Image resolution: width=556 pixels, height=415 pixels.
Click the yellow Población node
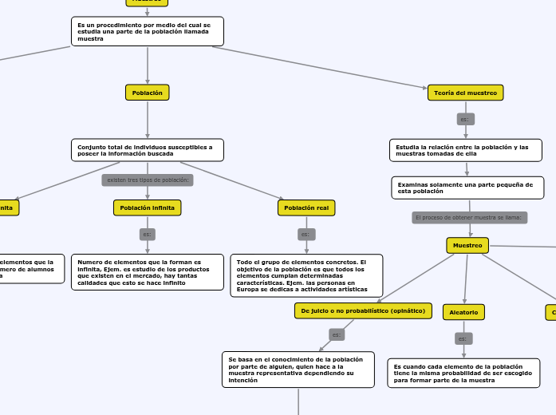[x=148, y=93]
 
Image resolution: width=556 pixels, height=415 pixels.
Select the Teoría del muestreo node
[x=466, y=93]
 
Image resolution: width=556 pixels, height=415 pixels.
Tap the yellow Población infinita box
[x=148, y=207]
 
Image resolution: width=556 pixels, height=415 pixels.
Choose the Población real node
[x=306, y=207]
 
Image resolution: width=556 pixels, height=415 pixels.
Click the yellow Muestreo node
[x=467, y=245]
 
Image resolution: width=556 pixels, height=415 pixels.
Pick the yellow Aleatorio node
[x=464, y=311]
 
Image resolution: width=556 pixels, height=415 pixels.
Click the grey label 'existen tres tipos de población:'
[x=148, y=180]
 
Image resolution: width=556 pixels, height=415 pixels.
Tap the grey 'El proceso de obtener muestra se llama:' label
[x=469, y=217]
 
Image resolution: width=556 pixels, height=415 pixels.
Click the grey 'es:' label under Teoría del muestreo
[x=466, y=119]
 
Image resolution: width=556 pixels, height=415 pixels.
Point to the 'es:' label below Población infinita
[x=148, y=235]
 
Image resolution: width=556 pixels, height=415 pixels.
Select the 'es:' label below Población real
[x=306, y=235]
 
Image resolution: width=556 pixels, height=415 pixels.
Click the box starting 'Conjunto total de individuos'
[x=148, y=150]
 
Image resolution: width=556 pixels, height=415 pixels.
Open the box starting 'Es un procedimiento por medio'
[x=148, y=31]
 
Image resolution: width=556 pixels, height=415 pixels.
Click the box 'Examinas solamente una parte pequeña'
[x=467, y=188]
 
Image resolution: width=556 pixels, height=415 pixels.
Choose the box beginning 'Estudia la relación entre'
[x=465, y=150]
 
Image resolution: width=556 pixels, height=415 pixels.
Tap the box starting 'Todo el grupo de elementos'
[x=306, y=275]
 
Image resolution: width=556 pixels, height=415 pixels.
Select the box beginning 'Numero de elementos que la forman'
[x=148, y=272]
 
